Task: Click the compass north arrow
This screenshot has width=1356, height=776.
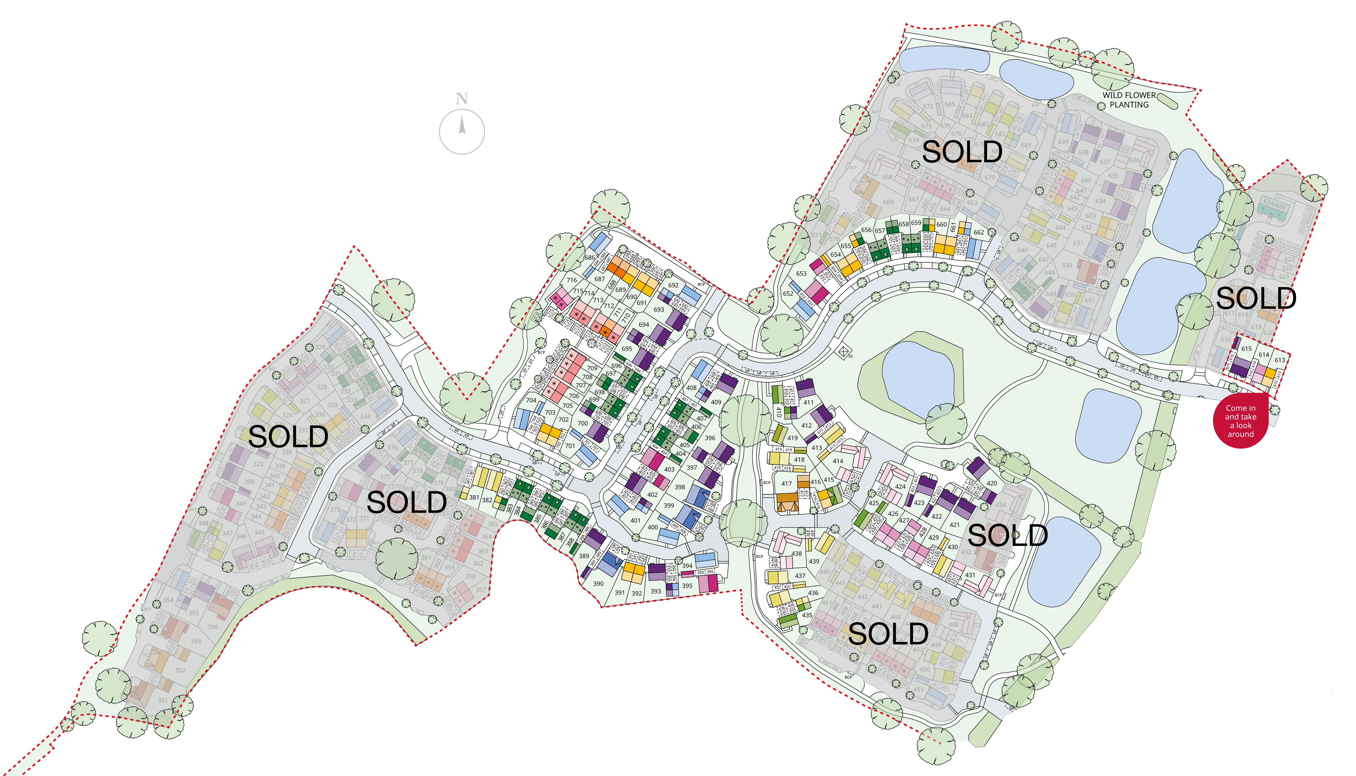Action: (x=462, y=126)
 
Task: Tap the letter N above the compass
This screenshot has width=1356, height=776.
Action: (x=461, y=98)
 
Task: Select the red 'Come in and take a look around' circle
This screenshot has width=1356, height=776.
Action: (x=1240, y=421)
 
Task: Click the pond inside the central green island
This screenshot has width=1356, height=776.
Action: (x=917, y=373)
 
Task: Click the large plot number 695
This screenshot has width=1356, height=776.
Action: (x=626, y=349)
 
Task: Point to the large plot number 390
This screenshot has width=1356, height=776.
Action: (x=598, y=584)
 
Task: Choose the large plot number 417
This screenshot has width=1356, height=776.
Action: (x=786, y=484)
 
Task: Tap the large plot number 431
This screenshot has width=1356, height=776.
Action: (x=970, y=575)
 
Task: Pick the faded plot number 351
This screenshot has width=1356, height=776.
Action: (x=162, y=700)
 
